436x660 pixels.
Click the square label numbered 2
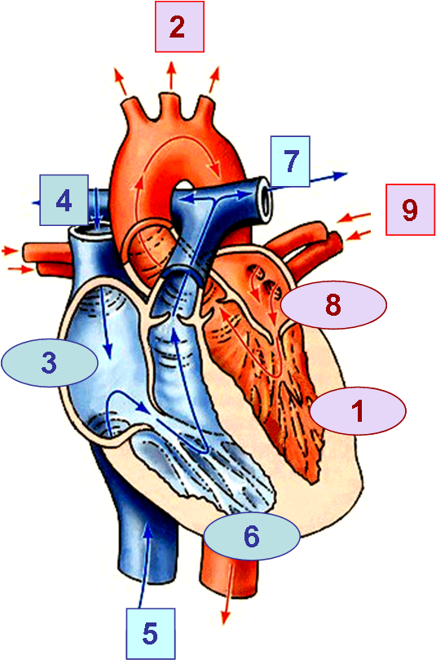[x=179, y=27]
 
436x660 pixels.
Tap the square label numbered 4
[x=64, y=200]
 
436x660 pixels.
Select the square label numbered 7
[x=290, y=162]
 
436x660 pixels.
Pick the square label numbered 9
[x=411, y=209]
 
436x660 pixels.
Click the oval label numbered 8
[x=333, y=305]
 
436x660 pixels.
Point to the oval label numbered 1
[x=358, y=410]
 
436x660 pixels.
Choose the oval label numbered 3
[x=50, y=363]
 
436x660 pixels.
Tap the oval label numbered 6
[x=252, y=536]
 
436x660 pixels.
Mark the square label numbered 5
[x=151, y=633]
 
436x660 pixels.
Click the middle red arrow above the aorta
[x=171, y=76]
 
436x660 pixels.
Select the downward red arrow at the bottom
[x=228, y=595]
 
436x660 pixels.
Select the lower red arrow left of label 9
[x=358, y=235]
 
